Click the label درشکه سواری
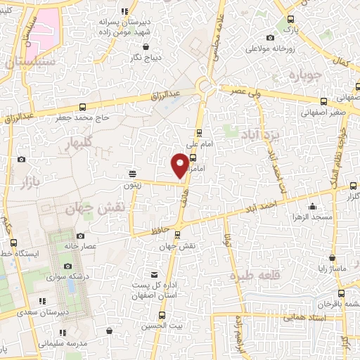pos(66,277)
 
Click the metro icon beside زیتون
pos(132,173)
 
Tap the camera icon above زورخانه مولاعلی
pos(271,38)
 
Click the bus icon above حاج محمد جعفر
pos(83,107)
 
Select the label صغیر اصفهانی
pos(323,112)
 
